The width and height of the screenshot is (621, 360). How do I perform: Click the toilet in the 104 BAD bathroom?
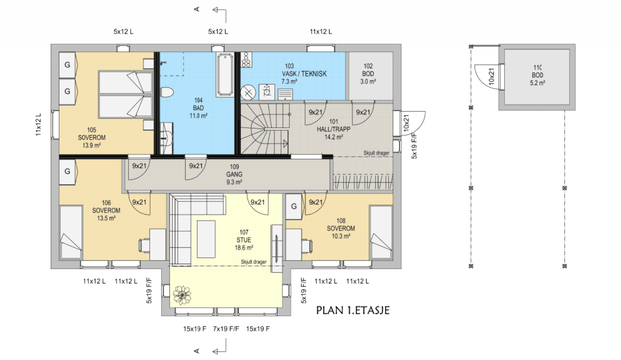point(167,92)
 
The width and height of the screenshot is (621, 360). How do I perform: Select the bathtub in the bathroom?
point(225,74)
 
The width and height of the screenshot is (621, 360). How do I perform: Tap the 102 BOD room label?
point(368,74)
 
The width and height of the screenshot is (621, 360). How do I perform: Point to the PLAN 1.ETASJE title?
point(353,310)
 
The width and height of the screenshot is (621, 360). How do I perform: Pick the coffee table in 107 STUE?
point(206,239)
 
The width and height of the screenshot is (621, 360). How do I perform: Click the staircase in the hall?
point(265,129)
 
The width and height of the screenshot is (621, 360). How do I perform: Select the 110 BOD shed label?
point(538,75)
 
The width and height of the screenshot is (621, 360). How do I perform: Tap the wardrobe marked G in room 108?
point(294,207)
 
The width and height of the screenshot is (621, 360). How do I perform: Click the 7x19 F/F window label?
point(226,329)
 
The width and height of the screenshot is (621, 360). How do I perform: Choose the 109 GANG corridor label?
point(234,174)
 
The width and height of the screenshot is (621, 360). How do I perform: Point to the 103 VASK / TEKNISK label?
point(304,74)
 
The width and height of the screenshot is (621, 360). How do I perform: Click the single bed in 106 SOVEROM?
point(71,233)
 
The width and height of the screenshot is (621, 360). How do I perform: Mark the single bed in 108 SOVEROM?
point(381,233)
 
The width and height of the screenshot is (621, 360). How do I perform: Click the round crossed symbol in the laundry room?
point(248,92)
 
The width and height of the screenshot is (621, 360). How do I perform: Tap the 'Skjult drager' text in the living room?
point(254,262)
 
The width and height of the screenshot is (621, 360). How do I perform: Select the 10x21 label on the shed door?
point(491,76)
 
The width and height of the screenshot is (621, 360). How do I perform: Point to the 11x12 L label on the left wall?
point(38,125)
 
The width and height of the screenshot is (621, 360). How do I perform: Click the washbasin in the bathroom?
point(167,138)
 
